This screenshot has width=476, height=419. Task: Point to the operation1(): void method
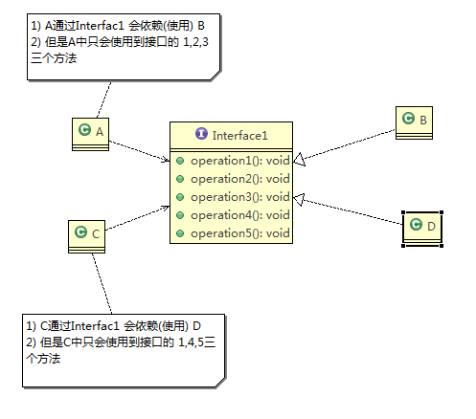pyautogui.click(x=238, y=160)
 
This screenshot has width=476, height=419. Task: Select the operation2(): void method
pyautogui.click(x=238, y=178)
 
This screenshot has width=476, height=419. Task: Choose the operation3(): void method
pyautogui.click(x=238, y=196)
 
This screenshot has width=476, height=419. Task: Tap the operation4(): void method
pyautogui.click(x=238, y=214)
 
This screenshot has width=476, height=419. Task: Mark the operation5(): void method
pyautogui.click(x=238, y=232)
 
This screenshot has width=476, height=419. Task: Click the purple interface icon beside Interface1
pyautogui.click(x=200, y=135)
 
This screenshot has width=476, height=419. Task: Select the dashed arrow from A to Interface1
pyautogui.click(x=140, y=151)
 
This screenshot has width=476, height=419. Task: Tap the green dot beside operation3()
pyautogui.click(x=180, y=196)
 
